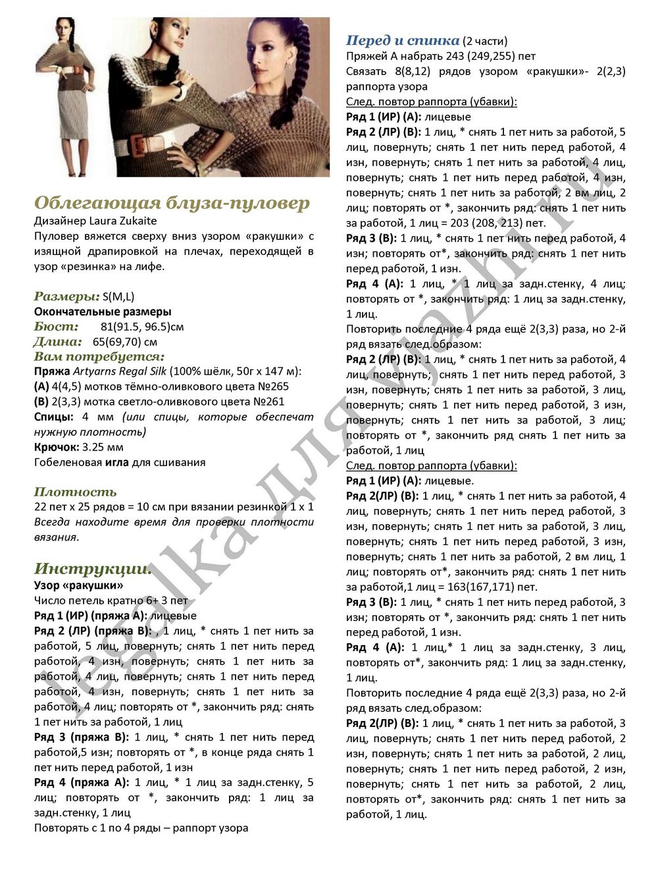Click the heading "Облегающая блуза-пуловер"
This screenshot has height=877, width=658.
[172, 203]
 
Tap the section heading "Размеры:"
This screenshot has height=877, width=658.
[66, 296]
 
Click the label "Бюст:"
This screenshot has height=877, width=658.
[56, 327]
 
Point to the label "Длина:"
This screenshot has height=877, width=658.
[58, 342]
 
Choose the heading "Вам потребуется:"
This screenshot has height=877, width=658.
[99, 357]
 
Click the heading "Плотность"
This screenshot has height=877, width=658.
[75, 492]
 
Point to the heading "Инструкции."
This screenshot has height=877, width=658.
[93, 568]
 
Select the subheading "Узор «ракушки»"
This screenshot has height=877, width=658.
[78, 585]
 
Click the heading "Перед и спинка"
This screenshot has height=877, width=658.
[403, 41]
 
